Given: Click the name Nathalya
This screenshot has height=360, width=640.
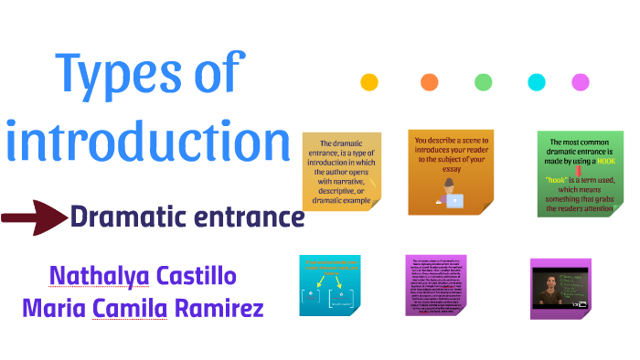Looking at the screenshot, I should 95,275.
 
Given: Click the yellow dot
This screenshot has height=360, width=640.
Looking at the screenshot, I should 369,82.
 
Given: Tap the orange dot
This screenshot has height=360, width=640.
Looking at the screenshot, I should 429,82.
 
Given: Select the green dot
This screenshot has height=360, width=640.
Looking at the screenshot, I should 483,82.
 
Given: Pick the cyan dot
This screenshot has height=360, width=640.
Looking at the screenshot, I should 536,82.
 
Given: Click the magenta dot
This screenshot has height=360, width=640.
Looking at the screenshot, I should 580,82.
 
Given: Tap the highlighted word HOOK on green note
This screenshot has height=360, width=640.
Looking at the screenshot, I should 605,161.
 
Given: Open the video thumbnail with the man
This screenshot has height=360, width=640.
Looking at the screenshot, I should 560,287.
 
